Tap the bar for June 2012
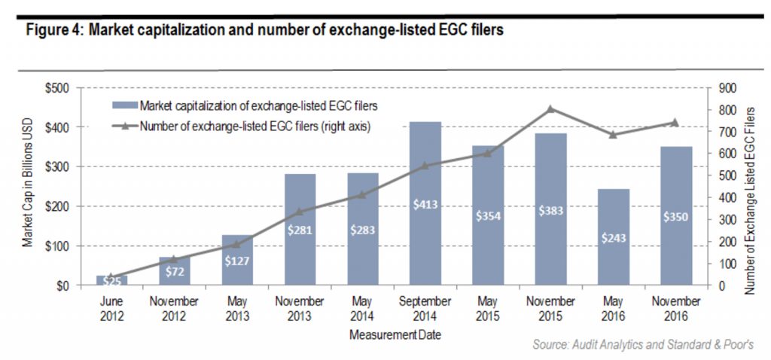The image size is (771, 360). coord(111,280)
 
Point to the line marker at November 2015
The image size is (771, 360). coord(550,109)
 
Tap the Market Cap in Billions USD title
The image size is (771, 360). coord(28,188)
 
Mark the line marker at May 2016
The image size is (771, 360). coord(613,135)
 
